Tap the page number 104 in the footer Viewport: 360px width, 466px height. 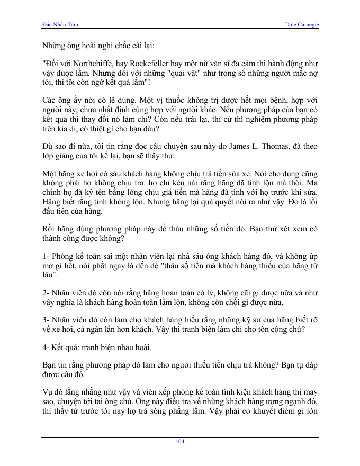pyautogui.click(x=180, y=441)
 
